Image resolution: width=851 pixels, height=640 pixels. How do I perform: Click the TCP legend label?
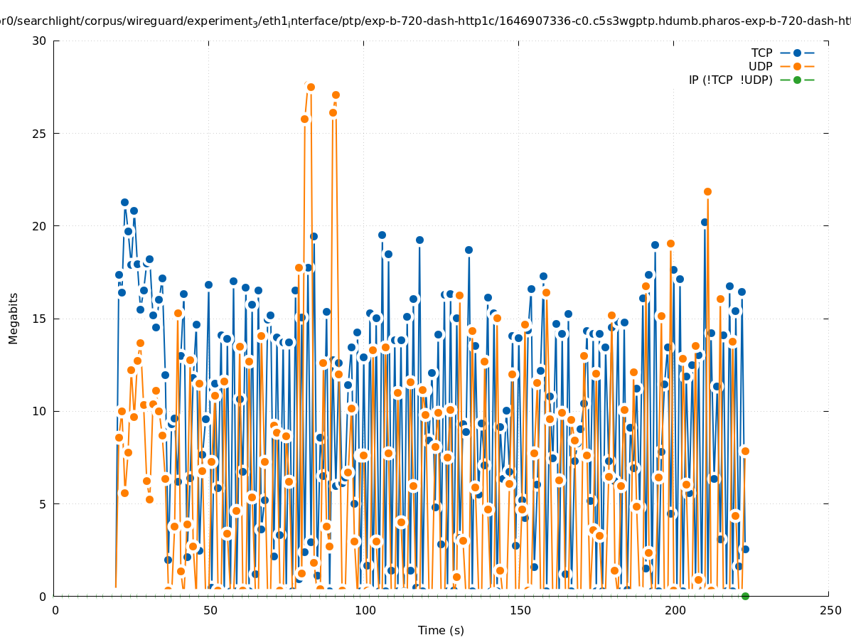(761, 53)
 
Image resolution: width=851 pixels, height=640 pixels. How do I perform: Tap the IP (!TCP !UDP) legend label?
(730, 80)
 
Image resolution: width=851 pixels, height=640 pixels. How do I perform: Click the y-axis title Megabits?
(14, 318)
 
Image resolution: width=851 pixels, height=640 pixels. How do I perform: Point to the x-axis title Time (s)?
(441, 630)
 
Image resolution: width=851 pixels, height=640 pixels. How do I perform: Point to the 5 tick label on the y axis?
(42, 503)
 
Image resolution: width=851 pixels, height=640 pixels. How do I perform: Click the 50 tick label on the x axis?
(210, 610)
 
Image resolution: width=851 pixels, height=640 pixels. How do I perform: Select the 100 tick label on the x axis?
(365, 610)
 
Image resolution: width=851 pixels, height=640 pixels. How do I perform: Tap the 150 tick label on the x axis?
(520, 610)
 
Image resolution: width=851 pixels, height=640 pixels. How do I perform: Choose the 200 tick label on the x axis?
(675, 610)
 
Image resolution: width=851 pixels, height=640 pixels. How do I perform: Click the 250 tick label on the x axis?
(830, 610)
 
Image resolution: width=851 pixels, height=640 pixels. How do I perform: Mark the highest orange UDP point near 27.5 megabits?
(310, 87)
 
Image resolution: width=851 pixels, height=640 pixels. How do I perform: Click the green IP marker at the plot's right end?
(745, 596)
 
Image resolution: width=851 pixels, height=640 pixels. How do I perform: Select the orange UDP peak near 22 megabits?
(707, 191)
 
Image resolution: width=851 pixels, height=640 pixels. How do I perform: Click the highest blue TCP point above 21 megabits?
(124, 203)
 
